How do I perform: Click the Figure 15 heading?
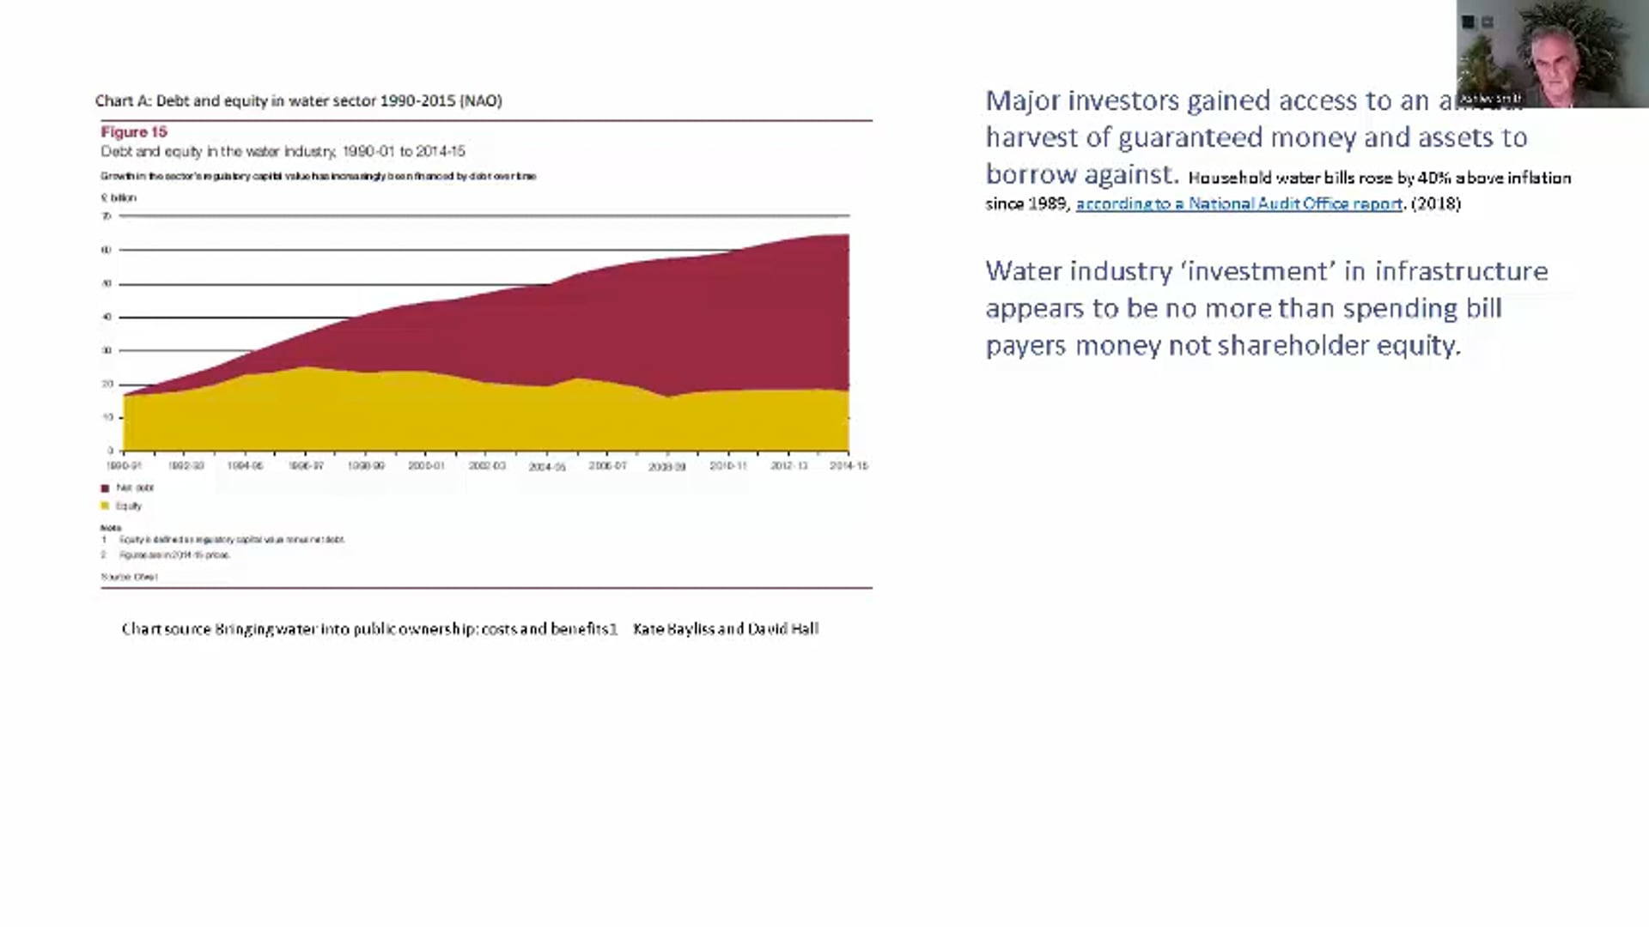pos(134,132)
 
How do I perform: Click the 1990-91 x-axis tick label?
pos(125,466)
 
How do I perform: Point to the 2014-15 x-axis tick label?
pos(849,466)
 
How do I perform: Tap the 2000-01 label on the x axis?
pos(426,466)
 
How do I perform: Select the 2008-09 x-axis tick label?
pos(667,467)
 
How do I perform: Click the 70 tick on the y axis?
pos(107,216)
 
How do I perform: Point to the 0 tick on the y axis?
pos(110,451)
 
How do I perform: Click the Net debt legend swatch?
pos(105,488)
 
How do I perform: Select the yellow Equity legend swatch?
pos(105,506)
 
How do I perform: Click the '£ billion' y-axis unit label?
pos(119,198)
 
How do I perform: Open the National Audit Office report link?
pos(1238,204)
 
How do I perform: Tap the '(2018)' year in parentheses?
pos(1436,204)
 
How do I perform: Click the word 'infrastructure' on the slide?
pos(1461,271)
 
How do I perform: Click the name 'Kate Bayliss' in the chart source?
pos(672,629)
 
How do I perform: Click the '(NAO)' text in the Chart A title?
pos(481,101)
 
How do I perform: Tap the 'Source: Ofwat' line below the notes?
pos(129,578)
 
